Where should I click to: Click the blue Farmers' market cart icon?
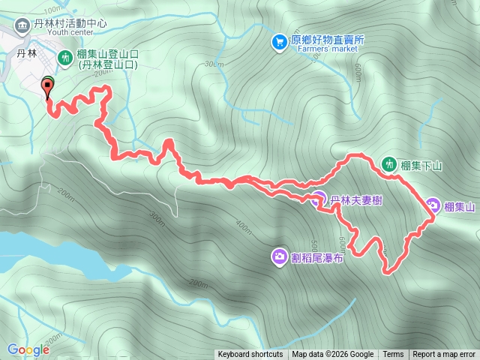coord(280,40)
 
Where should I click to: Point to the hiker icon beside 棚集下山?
coord(388,163)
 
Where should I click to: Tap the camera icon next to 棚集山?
coord(433,206)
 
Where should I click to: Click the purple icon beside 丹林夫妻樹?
coord(318,199)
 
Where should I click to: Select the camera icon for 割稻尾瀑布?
coord(279,257)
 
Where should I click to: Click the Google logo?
coord(28,349)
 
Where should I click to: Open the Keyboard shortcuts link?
coord(250,355)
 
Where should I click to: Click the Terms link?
coord(393,355)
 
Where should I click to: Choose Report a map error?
coord(444,355)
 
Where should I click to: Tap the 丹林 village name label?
coord(26,54)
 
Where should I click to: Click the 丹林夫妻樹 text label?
coord(357,200)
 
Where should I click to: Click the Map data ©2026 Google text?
coord(333,355)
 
